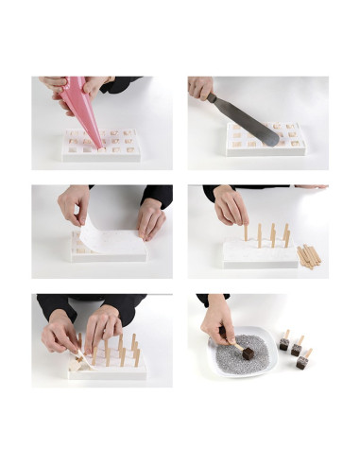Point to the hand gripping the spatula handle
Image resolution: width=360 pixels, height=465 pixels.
click(201, 88)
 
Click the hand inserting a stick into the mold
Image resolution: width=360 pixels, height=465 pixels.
click(230, 206)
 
